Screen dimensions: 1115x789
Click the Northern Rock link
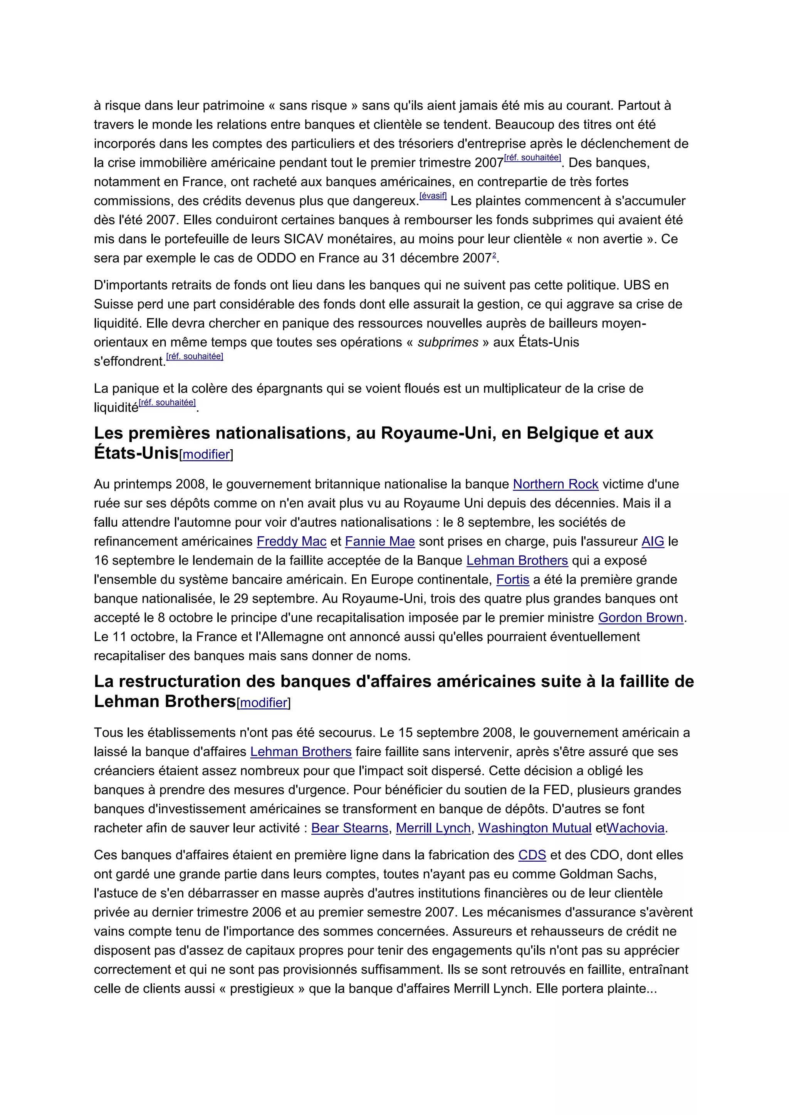[x=555, y=484]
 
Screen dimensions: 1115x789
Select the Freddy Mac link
[x=292, y=541]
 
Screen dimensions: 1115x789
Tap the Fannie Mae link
[x=379, y=541]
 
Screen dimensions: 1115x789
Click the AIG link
[x=653, y=541]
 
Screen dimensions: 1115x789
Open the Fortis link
[x=512, y=580]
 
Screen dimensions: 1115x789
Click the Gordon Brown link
[x=640, y=618]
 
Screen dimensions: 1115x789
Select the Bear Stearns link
[x=349, y=828]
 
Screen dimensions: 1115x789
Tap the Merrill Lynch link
[x=433, y=828]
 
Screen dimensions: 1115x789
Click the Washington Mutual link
[x=534, y=828]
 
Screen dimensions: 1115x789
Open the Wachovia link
[x=635, y=828]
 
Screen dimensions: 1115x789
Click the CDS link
[x=532, y=855]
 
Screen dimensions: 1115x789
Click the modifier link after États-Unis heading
[x=206, y=455]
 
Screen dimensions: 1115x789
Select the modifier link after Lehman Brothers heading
[x=264, y=703]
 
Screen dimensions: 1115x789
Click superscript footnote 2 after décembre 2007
[x=494, y=255]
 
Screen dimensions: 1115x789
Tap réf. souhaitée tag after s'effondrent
[x=195, y=357]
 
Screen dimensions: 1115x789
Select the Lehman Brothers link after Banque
[x=517, y=561]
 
